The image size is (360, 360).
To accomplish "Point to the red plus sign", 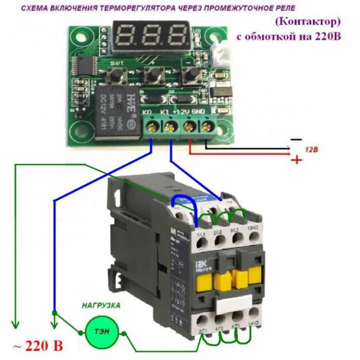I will pyautogui.click(x=295, y=160).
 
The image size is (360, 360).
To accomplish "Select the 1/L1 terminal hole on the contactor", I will pyautogui.click(x=201, y=243).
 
